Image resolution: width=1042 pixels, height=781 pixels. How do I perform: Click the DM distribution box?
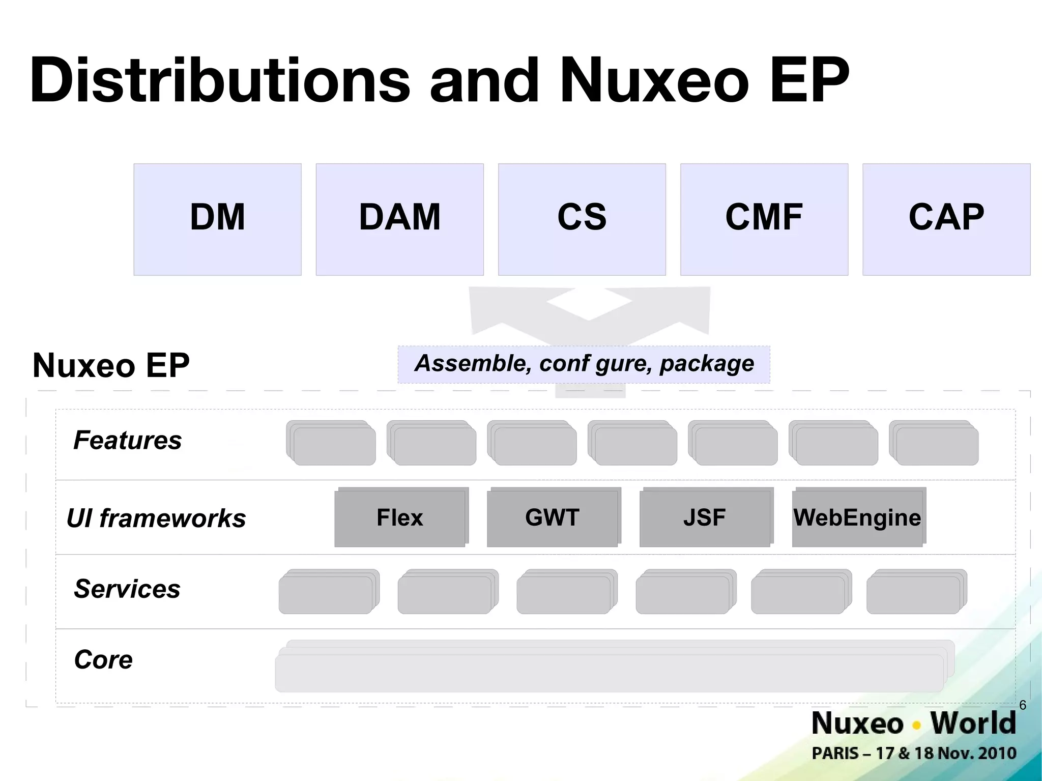coord(217,219)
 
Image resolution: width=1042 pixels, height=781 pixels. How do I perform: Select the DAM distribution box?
coord(399,219)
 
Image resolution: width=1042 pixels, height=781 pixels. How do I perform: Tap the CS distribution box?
coord(582,219)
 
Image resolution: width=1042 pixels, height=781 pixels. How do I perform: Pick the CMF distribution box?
coord(764,219)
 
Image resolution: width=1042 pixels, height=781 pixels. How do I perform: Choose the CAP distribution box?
coord(946,219)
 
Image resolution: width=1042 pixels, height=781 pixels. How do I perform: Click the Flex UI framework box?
coord(400,518)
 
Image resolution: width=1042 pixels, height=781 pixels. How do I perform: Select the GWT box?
coord(552,518)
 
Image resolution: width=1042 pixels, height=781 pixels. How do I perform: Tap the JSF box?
coord(704,518)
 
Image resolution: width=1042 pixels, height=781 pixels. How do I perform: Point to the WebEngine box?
coord(857,518)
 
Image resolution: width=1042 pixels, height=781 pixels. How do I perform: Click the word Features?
coord(127,440)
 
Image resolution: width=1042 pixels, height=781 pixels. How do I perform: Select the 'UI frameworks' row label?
coord(156,518)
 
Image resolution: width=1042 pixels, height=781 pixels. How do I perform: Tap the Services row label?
coord(127,589)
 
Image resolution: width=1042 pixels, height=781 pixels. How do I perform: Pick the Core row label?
coord(103,660)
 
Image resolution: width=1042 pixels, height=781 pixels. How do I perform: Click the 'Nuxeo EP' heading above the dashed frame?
coord(111,365)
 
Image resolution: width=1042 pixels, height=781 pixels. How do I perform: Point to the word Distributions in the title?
coord(219,80)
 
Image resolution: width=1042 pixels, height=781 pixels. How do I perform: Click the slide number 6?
coord(1023,705)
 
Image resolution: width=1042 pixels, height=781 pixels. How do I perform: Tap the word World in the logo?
coord(973,723)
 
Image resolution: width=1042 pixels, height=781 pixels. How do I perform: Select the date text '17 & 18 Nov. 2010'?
coord(946,753)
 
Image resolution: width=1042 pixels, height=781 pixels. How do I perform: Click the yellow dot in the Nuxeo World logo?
coord(917,726)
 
